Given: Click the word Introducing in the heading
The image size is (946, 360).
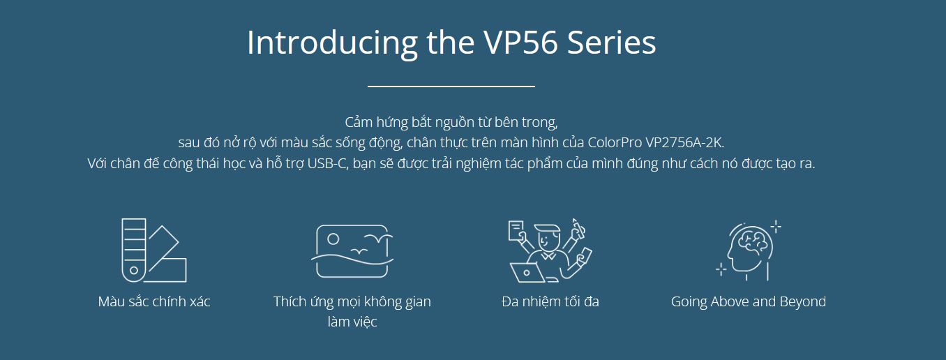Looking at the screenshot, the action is point(332,43).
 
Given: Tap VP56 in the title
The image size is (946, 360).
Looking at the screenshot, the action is point(520,43).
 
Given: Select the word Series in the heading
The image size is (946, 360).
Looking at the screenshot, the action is point(612,43).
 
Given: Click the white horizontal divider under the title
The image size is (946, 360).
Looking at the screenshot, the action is point(451,87).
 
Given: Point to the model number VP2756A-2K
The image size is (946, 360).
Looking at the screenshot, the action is point(684,142).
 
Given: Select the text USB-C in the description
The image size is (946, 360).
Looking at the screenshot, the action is point(328,163).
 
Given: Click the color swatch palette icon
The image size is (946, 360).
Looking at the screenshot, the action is point(153,250).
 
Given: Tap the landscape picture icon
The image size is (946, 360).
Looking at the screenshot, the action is point(352,251).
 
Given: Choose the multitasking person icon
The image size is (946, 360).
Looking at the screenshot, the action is point(550,250).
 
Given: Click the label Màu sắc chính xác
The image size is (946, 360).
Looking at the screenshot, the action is point(154,301).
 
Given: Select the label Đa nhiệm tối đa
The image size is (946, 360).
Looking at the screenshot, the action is point(550,301).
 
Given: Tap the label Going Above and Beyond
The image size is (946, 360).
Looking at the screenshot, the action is point(749,301).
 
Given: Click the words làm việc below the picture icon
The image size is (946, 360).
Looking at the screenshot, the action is point(352,322).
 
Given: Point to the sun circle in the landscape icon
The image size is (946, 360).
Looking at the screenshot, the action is point(333,239).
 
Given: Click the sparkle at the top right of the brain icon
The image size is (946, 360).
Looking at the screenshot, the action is point(776,227).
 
